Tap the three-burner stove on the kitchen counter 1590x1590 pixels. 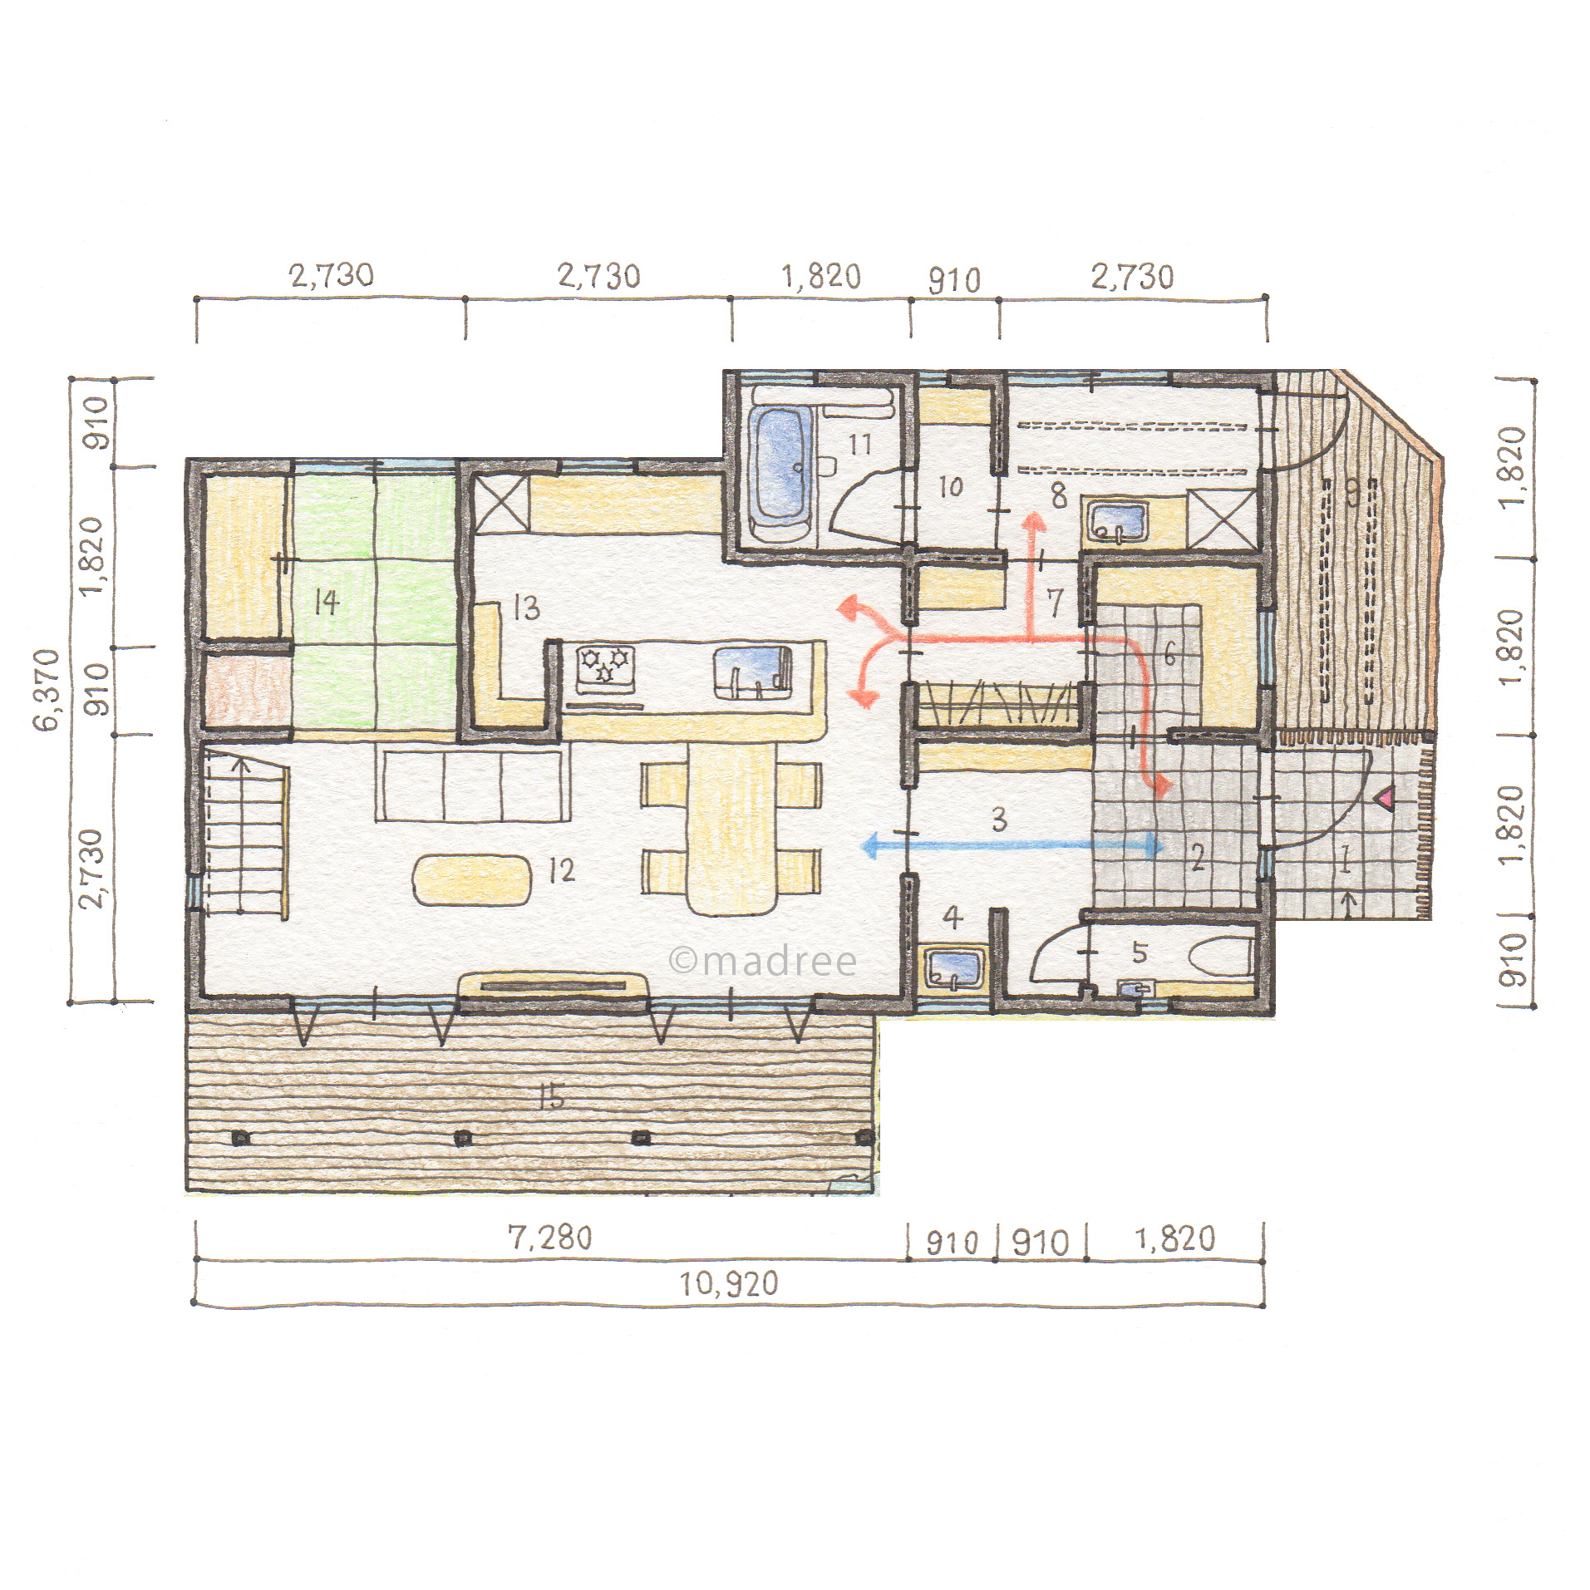point(606,669)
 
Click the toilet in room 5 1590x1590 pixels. point(1221,958)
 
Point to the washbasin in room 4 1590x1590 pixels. point(953,969)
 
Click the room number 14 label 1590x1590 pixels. point(327,603)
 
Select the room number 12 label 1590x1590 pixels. point(562,870)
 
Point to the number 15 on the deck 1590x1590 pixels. point(550,1097)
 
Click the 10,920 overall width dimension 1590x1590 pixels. point(729,1284)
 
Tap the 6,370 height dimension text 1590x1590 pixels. point(47,690)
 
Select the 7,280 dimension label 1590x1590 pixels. point(550,1238)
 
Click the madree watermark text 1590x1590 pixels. point(763,962)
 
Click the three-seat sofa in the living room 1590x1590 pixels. point(472,783)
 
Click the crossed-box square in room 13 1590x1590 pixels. point(501,504)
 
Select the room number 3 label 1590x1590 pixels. point(1000,820)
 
